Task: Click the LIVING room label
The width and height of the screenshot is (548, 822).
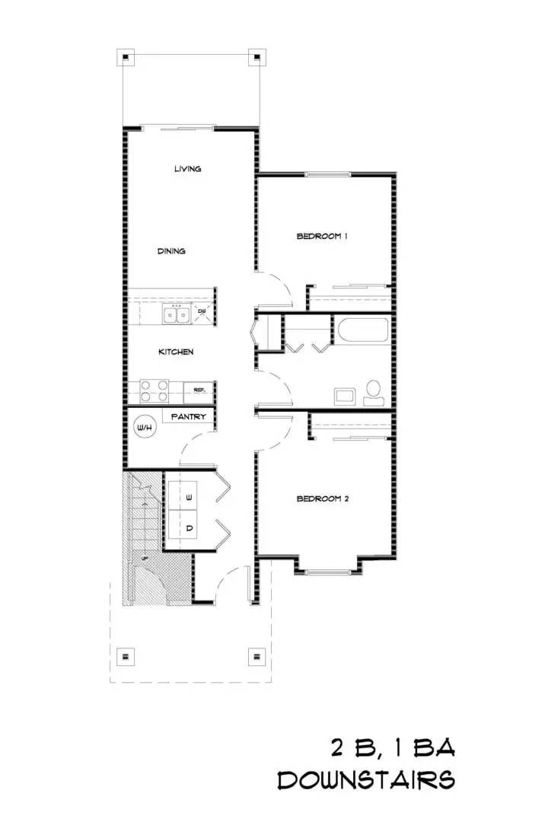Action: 188,169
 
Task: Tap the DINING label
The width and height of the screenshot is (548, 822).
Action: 171,251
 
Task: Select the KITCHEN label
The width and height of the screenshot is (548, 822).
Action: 176,352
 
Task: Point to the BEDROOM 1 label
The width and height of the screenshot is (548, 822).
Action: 322,236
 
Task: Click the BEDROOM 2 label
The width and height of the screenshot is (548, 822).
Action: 323,499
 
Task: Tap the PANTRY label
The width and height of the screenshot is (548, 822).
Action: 189,417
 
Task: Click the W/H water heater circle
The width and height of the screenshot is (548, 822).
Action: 145,427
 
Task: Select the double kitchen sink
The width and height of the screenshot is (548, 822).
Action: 176,315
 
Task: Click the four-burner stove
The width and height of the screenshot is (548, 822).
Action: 155,391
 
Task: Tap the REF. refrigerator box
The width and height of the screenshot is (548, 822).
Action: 198,392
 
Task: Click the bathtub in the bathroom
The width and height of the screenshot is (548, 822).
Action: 364,330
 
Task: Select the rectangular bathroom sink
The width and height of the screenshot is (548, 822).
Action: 345,396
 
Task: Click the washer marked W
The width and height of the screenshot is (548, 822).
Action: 183,495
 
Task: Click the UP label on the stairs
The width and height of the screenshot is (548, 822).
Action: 144,559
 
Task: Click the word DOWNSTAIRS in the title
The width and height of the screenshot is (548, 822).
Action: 366,780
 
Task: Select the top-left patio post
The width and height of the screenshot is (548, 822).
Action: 126,57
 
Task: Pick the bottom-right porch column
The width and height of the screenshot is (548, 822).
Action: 256,656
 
